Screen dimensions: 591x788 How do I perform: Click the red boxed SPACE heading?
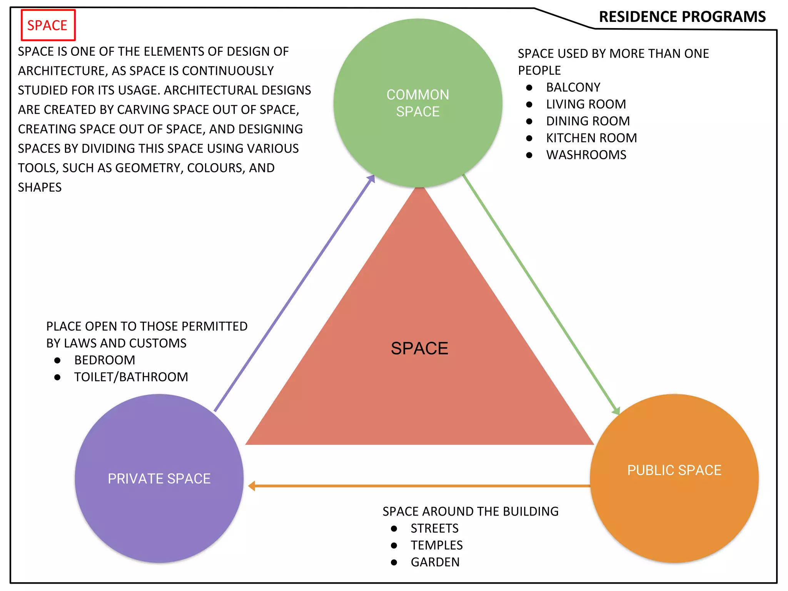(x=47, y=25)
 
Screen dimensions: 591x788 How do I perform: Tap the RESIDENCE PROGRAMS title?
(x=682, y=17)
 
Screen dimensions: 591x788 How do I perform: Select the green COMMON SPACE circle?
(x=418, y=103)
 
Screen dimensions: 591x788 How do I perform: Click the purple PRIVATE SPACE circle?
(x=159, y=478)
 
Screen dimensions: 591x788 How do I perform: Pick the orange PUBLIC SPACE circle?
(x=674, y=478)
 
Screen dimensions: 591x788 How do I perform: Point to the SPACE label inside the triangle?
(x=419, y=349)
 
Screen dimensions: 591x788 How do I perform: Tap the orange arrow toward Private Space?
(x=419, y=486)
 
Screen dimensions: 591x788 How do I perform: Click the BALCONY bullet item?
(x=573, y=87)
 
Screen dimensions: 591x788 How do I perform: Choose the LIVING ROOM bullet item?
(x=586, y=104)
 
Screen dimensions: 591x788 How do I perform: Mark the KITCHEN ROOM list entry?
(x=591, y=138)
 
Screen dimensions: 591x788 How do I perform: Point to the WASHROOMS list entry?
(x=586, y=155)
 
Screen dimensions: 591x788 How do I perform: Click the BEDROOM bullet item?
(x=105, y=360)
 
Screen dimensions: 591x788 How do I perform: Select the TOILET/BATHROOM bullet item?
(x=131, y=377)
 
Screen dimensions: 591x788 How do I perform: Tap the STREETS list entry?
(x=434, y=529)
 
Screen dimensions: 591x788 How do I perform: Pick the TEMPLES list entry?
(x=436, y=546)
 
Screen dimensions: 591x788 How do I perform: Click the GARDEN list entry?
(x=435, y=563)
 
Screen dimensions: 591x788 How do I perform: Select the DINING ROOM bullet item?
(x=588, y=121)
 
